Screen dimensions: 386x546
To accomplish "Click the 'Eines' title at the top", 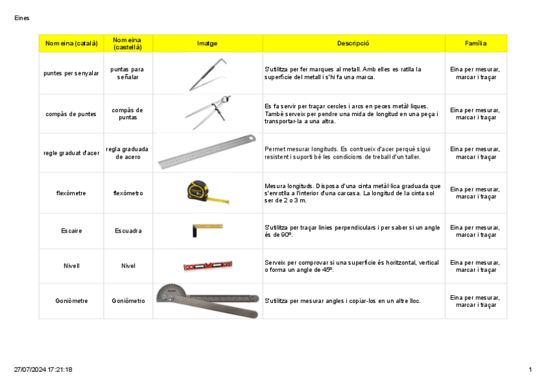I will [x=22, y=18].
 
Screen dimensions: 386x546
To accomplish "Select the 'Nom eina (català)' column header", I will [x=71, y=44].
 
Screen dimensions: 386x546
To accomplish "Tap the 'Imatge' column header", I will [x=207, y=44].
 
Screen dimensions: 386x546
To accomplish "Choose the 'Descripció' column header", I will [x=353, y=44].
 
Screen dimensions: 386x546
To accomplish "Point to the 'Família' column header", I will [x=475, y=44].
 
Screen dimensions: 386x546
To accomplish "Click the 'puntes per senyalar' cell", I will [x=71, y=73].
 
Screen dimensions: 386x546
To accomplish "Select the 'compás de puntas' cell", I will [x=127, y=114].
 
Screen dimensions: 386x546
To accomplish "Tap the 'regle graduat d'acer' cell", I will [x=71, y=153].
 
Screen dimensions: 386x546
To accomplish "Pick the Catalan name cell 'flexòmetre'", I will [x=71, y=193].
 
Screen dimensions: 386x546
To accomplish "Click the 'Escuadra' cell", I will [x=127, y=231].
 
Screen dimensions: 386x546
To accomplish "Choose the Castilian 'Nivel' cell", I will [x=127, y=265].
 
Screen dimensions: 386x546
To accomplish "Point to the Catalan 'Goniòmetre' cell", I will [x=71, y=301].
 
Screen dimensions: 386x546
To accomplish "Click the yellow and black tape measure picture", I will [x=207, y=192].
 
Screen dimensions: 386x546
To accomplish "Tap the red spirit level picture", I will [x=207, y=265].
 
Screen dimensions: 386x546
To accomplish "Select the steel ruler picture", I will [x=207, y=152].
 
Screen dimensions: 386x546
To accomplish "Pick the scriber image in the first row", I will [x=207, y=75].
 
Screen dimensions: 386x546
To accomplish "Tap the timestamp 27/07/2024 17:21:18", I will [x=43, y=369].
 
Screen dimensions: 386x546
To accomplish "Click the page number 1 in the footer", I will [x=530, y=369].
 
